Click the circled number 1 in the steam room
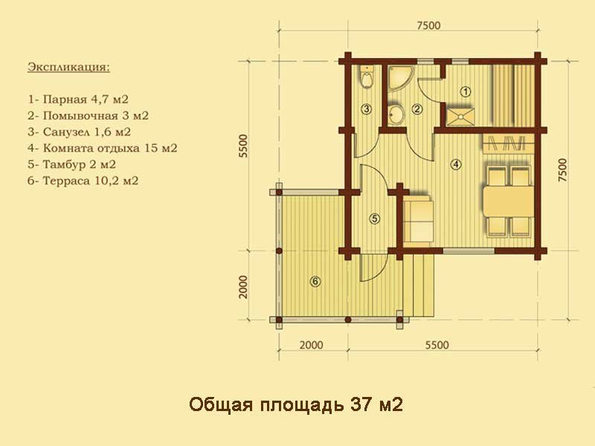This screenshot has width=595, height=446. pos(465,91)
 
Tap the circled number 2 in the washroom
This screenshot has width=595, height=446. pos(416,109)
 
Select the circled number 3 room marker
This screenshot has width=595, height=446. pos(366,109)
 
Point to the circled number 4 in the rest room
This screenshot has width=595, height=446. pos(455,164)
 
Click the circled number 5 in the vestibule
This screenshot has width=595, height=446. pos(375,219)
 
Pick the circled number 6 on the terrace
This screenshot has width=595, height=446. pos(315,282)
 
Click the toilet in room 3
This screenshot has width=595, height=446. pos(367,77)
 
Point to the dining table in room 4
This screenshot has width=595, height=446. pos(508,201)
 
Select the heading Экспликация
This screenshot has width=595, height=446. pos(68,68)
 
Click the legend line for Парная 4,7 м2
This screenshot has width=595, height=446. pos(78,100)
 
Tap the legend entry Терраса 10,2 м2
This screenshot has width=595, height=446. pos(83,181)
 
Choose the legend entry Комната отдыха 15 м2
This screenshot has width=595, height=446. pos(103,148)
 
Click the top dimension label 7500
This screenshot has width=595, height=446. pos(429,25)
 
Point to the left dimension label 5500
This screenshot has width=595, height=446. pos(243,146)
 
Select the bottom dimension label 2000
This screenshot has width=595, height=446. pos(312,345)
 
